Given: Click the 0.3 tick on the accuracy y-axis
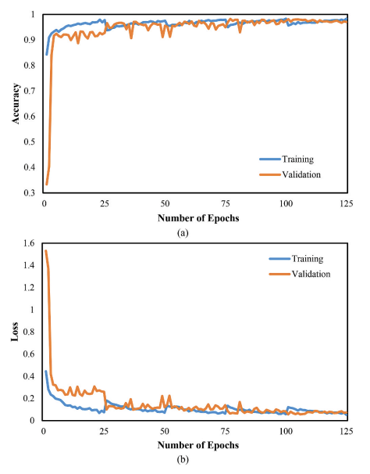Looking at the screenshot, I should click(28, 192).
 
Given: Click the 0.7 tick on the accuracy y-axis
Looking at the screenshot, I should click(28, 91).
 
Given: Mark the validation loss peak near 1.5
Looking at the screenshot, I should click(46, 251).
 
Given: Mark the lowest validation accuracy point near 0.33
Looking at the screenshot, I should click(46, 185).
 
